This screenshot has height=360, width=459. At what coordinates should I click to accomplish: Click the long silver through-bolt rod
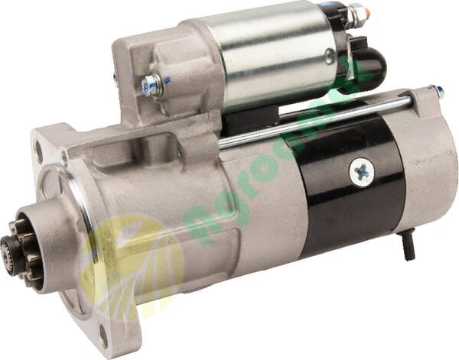[321, 115]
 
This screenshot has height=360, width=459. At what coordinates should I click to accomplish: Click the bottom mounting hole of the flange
[104, 330]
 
